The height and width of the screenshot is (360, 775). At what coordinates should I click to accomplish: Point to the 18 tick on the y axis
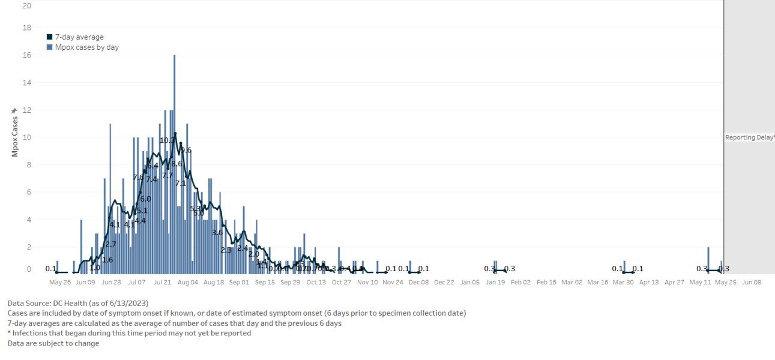[x=26, y=28]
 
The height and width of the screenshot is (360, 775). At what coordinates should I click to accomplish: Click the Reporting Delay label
[x=749, y=137]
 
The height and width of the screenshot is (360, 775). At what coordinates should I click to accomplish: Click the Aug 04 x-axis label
[x=188, y=282]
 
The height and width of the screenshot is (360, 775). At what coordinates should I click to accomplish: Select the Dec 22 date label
[x=444, y=282]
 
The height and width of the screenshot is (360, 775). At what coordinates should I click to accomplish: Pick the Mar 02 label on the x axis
[x=571, y=282]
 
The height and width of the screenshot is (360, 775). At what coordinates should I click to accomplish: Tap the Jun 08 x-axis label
[x=751, y=282]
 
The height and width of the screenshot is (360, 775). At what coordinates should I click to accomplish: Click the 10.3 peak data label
[x=167, y=140]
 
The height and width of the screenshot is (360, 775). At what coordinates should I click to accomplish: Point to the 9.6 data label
[x=185, y=150]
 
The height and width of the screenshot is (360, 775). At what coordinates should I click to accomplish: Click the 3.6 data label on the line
[x=217, y=232]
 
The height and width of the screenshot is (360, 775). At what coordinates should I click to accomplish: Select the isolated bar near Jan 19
[x=495, y=267]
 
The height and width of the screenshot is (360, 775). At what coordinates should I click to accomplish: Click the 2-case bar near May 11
[x=708, y=260]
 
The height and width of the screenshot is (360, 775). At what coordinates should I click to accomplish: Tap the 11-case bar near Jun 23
[x=110, y=198]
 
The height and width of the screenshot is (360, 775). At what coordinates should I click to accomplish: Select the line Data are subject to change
[x=53, y=344]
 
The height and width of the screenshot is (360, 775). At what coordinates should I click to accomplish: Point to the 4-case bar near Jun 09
[x=81, y=246]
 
